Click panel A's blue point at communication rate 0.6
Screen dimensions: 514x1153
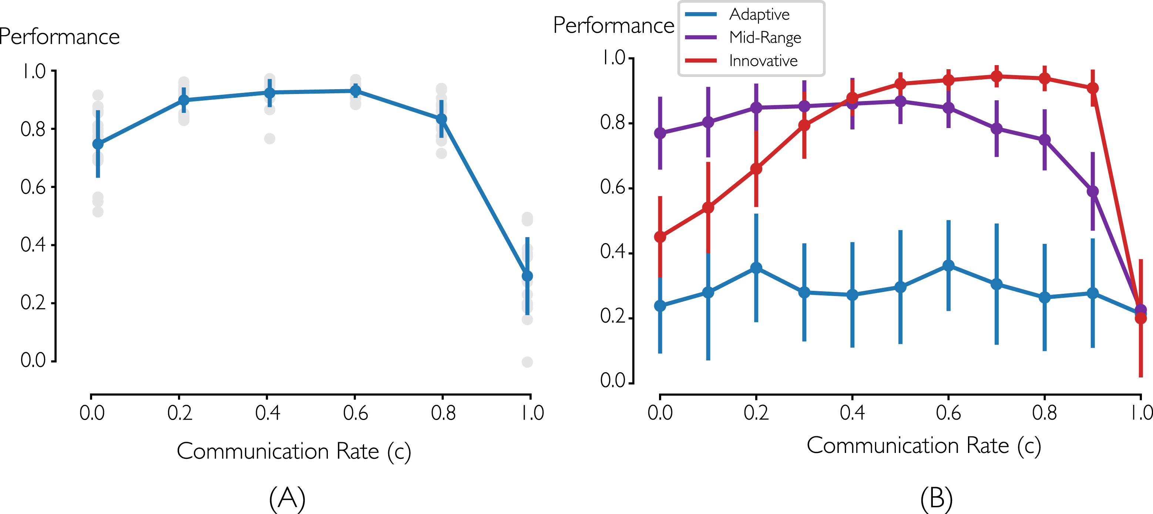(355, 91)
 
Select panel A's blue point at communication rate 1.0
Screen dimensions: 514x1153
(527, 276)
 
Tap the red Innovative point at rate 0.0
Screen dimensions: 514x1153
(660, 237)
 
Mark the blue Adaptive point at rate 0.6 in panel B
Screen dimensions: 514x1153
(948, 265)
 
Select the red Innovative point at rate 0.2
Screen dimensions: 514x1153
(756, 169)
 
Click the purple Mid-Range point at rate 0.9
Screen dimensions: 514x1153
(1093, 192)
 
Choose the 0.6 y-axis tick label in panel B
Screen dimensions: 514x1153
(613, 187)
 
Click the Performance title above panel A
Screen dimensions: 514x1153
(59, 37)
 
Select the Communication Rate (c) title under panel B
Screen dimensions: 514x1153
(924, 446)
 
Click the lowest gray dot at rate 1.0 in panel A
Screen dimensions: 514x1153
(527, 362)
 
